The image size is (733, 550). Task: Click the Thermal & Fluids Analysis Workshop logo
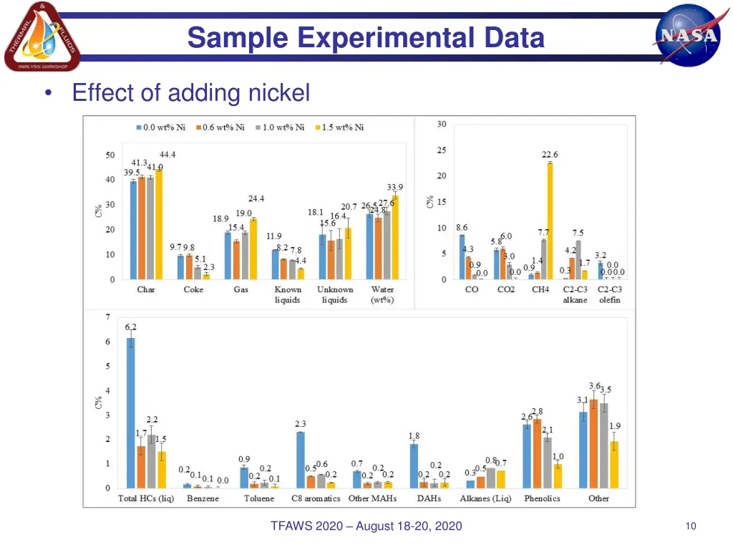pyautogui.click(x=42, y=37)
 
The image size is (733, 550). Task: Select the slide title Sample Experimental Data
pyautogui.click(x=366, y=37)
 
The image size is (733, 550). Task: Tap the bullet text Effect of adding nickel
pyautogui.click(x=191, y=93)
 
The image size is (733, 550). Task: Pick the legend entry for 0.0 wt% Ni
pyautogui.click(x=161, y=127)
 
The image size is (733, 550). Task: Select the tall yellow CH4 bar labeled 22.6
pyautogui.click(x=550, y=221)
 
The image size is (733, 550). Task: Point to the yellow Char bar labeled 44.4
pyautogui.click(x=159, y=224)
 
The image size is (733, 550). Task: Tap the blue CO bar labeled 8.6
pyautogui.click(x=462, y=256)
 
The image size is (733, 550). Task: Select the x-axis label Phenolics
pyautogui.click(x=542, y=498)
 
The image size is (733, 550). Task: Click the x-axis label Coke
pyautogui.click(x=193, y=289)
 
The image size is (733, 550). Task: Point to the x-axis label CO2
pyautogui.click(x=506, y=289)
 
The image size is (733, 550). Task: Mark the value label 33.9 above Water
pyautogui.click(x=395, y=188)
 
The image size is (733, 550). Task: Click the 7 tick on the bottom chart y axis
pyautogui.click(x=107, y=317)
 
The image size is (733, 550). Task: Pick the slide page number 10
pyautogui.click(x=691, y=526)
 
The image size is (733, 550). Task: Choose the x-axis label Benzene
pyautogui.click(x=203, y=498)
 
